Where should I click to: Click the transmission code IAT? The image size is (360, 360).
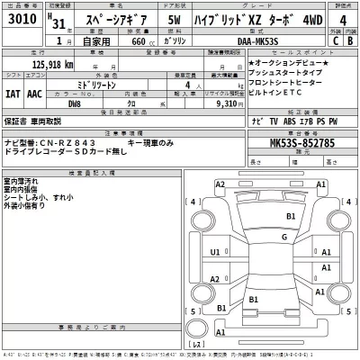click(x=13, y=91)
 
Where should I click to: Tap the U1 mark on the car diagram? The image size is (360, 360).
click(x=214, y=253)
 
